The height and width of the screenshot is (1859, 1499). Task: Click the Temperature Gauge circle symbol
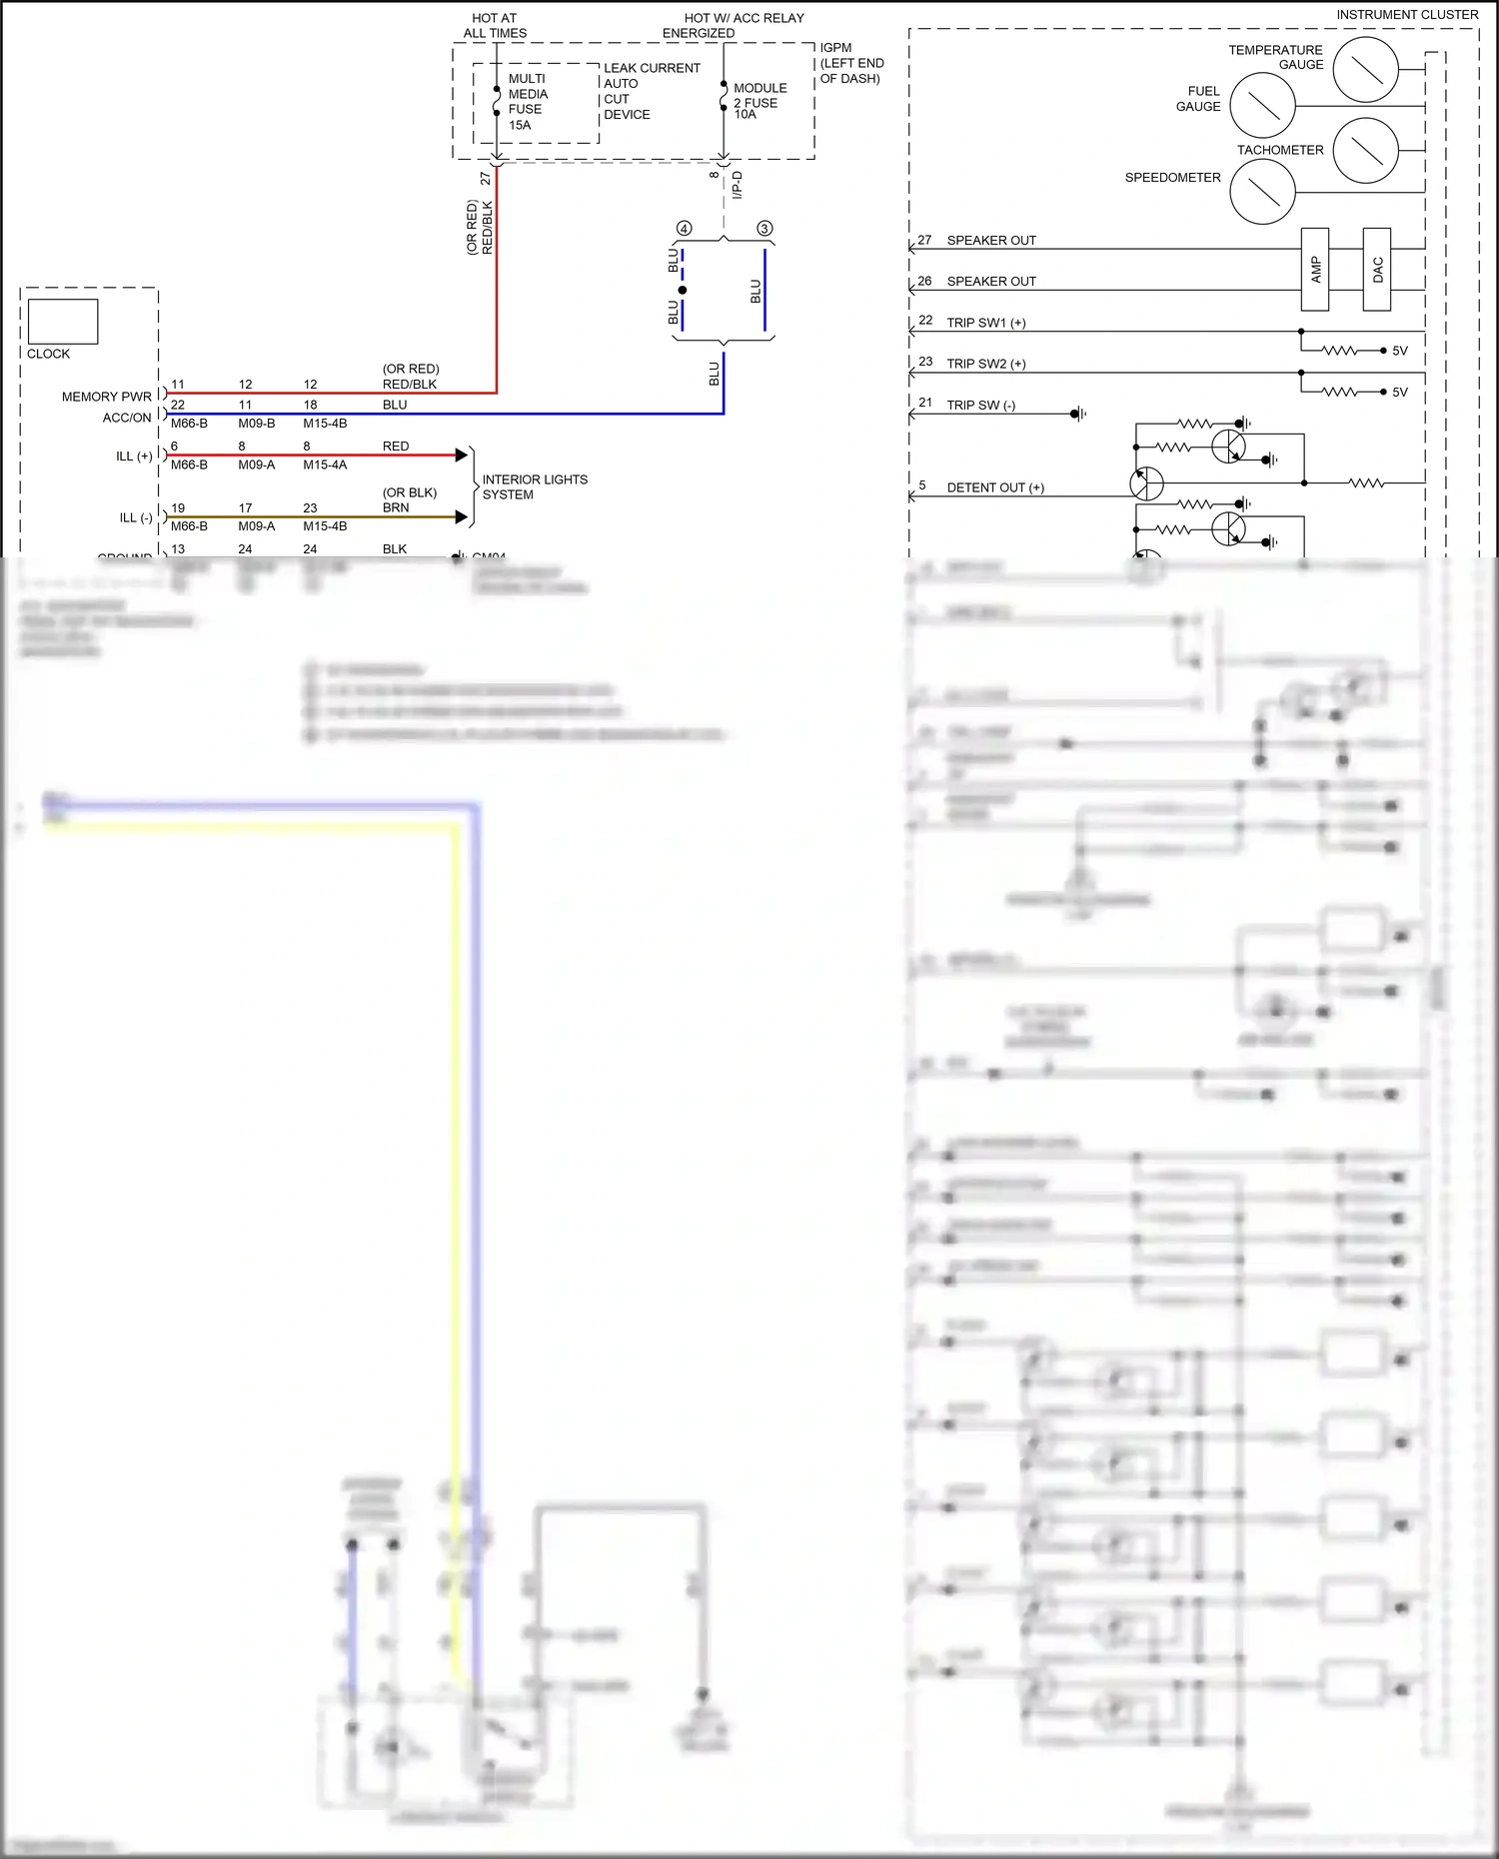point(1365,69)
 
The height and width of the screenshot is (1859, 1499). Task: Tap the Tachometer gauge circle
point(1365,150)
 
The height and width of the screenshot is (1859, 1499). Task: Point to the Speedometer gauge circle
point(1262,192)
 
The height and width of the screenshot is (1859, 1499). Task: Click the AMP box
point(1315,269)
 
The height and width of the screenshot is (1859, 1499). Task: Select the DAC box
point(1377,269)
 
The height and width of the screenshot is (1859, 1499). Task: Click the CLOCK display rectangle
point(63,322)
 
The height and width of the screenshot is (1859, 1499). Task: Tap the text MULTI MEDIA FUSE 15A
point(527,102)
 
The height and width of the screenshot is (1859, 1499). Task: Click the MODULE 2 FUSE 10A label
point(759,101)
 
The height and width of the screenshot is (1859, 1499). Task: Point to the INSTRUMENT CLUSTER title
point(1407,15)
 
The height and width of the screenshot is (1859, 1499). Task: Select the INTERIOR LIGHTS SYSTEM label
point(535,486)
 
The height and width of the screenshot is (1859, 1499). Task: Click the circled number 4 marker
point(685,229)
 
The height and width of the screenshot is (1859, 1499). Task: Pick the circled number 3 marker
point(764,229)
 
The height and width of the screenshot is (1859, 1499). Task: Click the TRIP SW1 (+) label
point(985,323)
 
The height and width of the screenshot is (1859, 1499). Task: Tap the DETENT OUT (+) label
point(995,487)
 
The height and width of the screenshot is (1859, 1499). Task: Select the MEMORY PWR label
point(107,397)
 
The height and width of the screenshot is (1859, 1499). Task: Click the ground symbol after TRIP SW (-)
point(1078,414)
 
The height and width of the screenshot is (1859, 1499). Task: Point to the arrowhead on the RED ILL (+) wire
point(462,456)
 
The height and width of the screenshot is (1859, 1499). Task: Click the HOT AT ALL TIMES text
point(495,25)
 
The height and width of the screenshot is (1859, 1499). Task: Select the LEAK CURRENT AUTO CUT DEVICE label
point(651,91)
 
